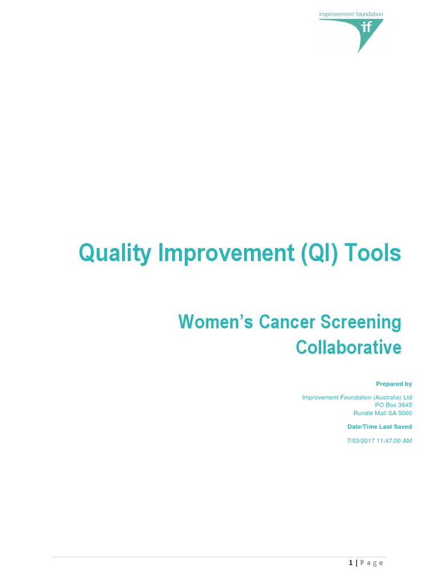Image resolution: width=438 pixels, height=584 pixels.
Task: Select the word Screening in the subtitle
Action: click(359, 322)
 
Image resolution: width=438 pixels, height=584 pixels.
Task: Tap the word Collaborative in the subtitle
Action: click(348, 347)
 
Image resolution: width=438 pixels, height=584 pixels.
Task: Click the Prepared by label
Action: click(394, 384)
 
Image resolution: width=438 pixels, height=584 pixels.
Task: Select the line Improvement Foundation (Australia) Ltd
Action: click(356, 397)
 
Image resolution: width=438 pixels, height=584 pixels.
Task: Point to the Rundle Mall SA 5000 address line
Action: click(382, 413)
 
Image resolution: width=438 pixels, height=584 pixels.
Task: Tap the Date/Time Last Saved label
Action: click(379, 427)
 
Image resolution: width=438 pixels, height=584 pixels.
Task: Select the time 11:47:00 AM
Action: click(394, 441)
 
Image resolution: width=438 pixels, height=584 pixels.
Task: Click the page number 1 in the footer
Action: click(351, 563)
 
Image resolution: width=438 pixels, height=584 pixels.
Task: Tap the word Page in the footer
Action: click(372, 563)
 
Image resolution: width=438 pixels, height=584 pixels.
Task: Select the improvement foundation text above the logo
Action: click(351, 14)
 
